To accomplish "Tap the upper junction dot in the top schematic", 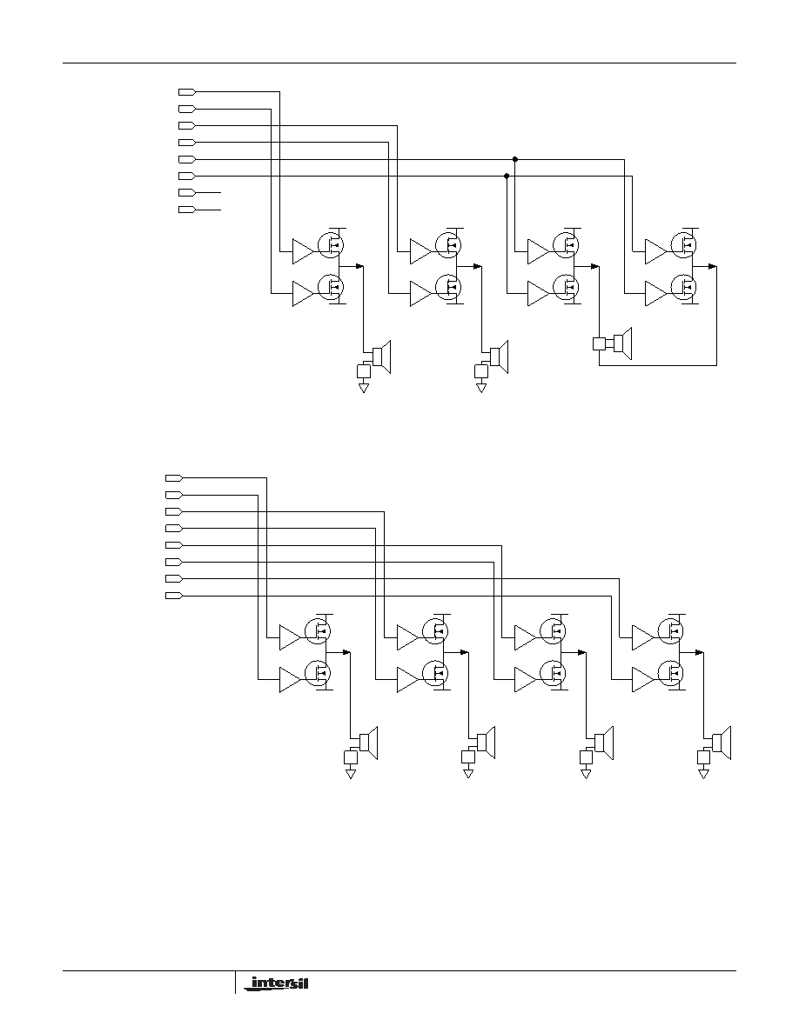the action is coord(515,159).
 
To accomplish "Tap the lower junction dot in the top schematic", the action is coord(507,176).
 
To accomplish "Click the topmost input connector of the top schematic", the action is coord(187,91).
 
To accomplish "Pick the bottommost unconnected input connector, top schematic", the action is coord(187,210).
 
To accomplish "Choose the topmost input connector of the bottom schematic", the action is coord(172,477).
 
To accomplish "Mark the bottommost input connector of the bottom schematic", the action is coord(172,596).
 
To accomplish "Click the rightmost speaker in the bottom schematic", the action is coord(722,743).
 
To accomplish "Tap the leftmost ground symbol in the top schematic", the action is coord(363,388).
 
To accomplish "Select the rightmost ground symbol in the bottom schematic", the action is coord(703,773).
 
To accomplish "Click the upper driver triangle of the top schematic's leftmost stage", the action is coord(303,251).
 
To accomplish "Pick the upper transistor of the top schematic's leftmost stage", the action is coord(331,245).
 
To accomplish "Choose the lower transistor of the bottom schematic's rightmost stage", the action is coord(671,673).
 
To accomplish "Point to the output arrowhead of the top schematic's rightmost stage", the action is coord(713,266).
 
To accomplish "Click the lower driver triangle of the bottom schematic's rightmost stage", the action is coord(642,680).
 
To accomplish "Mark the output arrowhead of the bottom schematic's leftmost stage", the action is coord(346,652).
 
